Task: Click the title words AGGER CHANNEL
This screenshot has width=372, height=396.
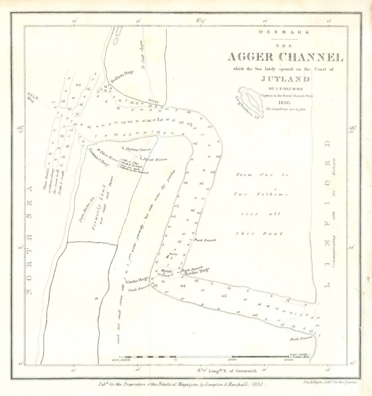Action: click(x=285, y=58)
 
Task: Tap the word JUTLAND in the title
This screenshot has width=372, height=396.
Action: click(x=285, y=79)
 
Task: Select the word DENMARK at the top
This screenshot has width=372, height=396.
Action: click(x=285, y=32)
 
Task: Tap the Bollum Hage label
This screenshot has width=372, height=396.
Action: click(x=122, y=77)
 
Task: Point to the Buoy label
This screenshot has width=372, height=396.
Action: click(x=174, y=254)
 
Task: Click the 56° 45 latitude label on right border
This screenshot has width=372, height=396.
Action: click(x=352, y=129)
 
